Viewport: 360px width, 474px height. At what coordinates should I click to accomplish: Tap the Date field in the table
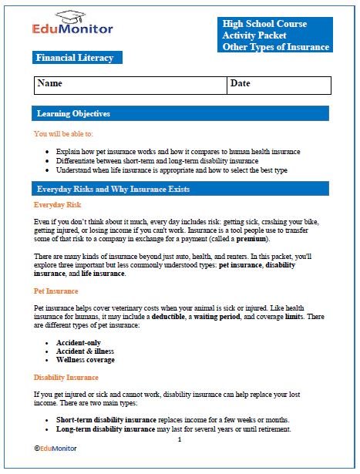coord(279,84)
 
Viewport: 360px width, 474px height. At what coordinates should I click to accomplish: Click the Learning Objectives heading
coord(74,114)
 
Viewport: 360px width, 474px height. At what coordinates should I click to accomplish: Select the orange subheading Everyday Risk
coord(58,206)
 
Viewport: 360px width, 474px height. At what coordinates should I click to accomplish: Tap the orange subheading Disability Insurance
coord(66,378)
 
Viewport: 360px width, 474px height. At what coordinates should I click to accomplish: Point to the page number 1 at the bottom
coord(179,439)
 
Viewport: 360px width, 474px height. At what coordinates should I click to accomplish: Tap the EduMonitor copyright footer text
coord(58,448)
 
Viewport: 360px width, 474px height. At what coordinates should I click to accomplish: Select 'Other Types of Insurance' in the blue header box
coord(276,47)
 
